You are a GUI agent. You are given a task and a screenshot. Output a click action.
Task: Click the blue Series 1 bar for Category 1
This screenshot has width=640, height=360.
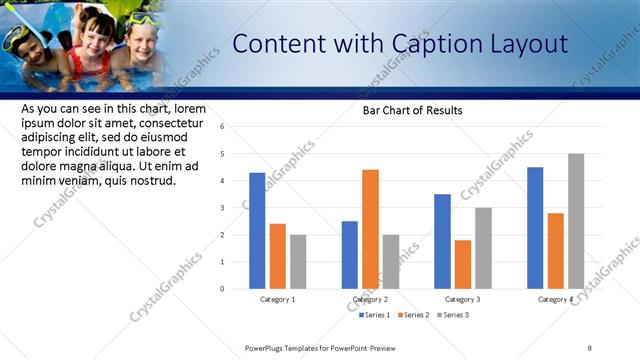point(257,231)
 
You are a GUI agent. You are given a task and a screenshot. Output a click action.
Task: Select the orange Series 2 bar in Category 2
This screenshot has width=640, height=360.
point(370,229)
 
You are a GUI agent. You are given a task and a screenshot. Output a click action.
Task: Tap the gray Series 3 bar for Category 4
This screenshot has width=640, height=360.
point(576,221)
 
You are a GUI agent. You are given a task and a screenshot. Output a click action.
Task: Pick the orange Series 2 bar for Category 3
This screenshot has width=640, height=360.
point(462,264)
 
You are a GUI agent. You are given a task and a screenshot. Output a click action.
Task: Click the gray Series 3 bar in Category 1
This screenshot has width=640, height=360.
point(298,262)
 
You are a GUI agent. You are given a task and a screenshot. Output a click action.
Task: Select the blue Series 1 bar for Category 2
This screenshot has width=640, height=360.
point(349,255)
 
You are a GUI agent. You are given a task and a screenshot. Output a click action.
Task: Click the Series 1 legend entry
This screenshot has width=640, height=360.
point(375,315)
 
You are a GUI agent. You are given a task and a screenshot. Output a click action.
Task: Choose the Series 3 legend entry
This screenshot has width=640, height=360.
point(452,315)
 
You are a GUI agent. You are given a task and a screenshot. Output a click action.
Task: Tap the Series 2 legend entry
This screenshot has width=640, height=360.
point(414,315)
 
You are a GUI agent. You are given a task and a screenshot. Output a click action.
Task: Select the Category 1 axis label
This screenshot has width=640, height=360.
point(277,299)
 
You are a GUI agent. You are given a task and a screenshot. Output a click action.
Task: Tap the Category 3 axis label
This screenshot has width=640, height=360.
point(463,299)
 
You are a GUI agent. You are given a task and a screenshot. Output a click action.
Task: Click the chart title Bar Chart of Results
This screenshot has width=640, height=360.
point(412,110)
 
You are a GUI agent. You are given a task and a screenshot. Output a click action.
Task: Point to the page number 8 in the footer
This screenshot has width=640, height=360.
point(590,348)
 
